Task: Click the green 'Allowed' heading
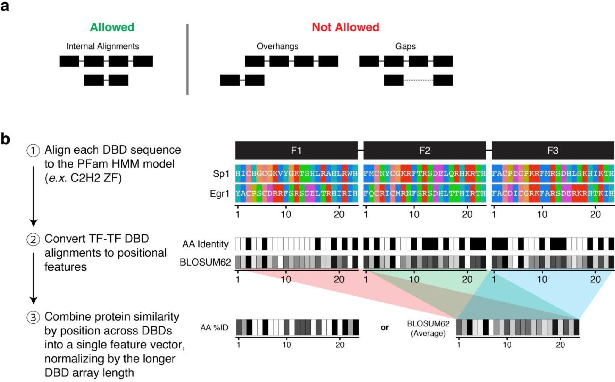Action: coord(112,27)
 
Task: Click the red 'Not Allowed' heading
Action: coord(345,27)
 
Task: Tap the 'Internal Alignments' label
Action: coord(103,46)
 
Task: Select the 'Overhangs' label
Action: coord(277,46)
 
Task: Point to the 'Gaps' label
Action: coord(405,46)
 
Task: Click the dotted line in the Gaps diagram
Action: coord(418,80)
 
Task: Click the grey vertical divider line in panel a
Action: coord(187,59)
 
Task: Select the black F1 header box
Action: coord(296,150)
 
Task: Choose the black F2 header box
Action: coord(425,150)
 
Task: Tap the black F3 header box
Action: coord(553,150)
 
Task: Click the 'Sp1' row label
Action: coord(221,174)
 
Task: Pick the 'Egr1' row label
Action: coord(219,194)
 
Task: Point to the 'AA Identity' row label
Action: coord(205,244)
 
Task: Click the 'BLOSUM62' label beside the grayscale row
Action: coord(205,262)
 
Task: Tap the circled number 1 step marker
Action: coord(33,150)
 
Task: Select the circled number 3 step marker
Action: coord(33,317)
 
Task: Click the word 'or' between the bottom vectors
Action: coord(385,327)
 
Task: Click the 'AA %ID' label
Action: coord(214,327)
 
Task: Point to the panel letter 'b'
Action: coord(5,139)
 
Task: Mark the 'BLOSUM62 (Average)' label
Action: coord(428,328)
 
